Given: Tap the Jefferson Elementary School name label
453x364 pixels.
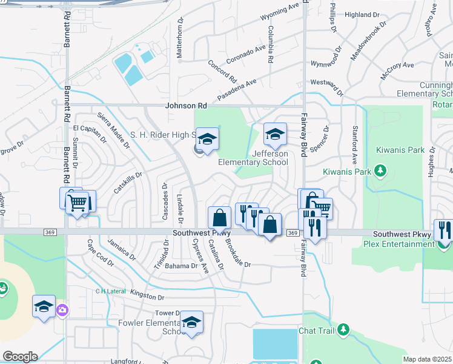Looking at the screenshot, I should tap(253, 158).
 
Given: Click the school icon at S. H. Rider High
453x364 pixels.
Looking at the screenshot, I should tap(207, 139).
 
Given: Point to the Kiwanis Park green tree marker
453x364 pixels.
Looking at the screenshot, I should tap(380, 172).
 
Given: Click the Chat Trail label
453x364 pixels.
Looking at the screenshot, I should tap(316, 331).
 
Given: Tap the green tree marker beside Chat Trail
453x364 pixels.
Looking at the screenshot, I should tap(343, 329).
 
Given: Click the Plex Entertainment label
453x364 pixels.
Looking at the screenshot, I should tap(400, 244).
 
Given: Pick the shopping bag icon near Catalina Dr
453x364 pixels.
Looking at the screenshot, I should tap(219, 218).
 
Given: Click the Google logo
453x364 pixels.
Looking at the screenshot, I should tap(20, 357).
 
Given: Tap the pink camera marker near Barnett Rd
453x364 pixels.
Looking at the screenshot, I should tap(62, 310).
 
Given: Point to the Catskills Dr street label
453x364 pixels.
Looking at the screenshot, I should tap(128, 183).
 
